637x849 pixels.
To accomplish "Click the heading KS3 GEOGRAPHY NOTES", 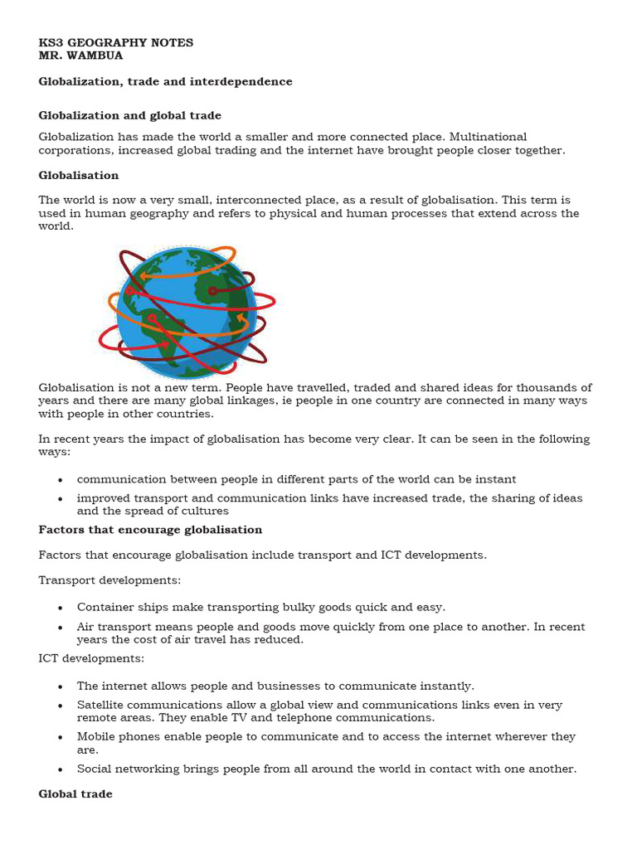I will (x=116, y=42).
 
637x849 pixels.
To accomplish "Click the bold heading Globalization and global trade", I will (x=130, y=115).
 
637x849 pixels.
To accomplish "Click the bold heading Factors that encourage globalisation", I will (x=150, y=529).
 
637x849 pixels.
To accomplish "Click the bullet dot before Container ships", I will (x=61, y=608).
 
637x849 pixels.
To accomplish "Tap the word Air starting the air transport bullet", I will (x=86, y=627).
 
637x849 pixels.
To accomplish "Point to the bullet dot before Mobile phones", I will (x=61, y=737).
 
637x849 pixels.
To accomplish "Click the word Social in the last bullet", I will (x=94, y=769).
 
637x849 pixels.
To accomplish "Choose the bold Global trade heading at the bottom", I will (x=75, y=793).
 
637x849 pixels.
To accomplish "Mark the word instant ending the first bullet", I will (x=496, y=479).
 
